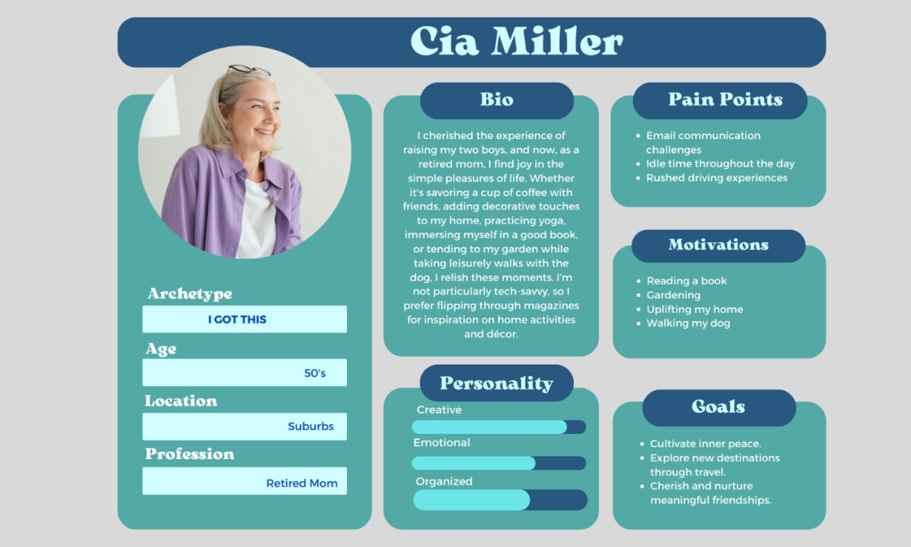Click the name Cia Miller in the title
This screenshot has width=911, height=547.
coord(516,41)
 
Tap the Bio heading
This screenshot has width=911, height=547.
coord(496,100)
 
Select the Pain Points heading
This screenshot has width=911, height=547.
coord(726,100)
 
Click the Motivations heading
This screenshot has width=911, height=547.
coord(719,245)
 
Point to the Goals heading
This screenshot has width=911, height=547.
coord(719,406)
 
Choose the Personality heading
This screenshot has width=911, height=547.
coord(496,384)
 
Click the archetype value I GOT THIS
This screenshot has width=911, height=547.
coord(237,320)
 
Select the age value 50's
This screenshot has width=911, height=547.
coord(315,373)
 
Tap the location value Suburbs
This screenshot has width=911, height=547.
coord(310,426)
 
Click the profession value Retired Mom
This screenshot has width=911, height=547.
coord(302,483)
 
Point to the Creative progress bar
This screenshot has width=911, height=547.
coord(499,427)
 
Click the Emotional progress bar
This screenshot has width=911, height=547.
coord(499,463)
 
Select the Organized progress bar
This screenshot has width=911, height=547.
coord(500,500)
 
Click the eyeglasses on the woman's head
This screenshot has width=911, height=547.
coord(249,70)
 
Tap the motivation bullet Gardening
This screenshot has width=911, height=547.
coord(673,295)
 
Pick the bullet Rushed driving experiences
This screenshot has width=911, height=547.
coord(717,178)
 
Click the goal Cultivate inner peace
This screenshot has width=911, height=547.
coord(705,444)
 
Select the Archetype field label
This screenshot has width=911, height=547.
coord(190,294)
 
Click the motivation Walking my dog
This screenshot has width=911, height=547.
coord(688,323)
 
